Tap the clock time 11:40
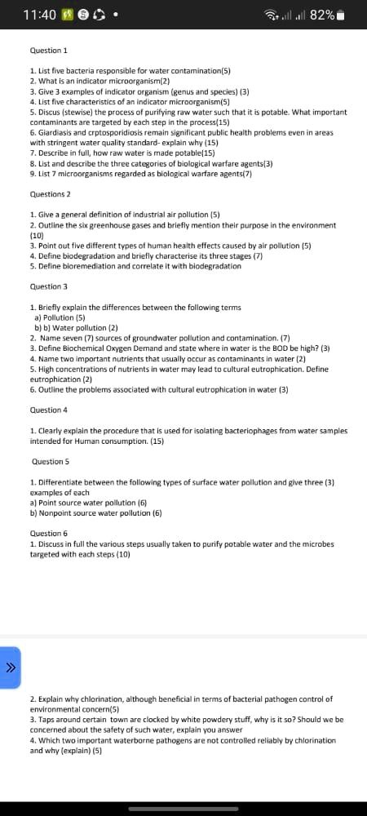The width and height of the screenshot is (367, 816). click(40, 15)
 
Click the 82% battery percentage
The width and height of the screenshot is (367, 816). click(322, 15)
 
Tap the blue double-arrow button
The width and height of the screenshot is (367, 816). click(11, 667)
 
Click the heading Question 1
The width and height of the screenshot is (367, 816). click(48, 51)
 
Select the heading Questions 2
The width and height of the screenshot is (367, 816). click(50, 194)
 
